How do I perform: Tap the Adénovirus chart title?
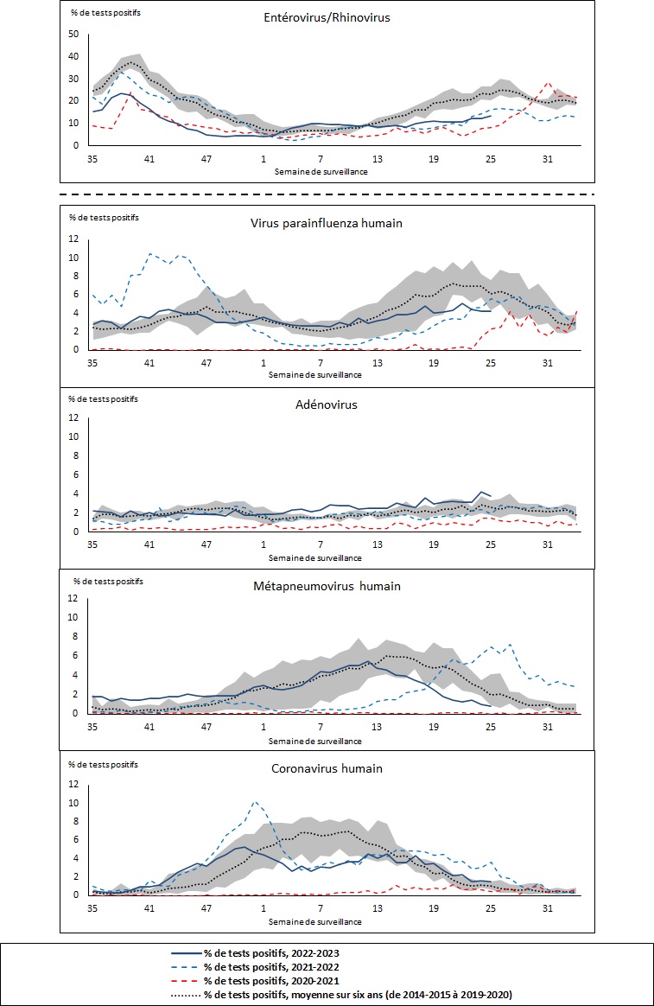(327, 404)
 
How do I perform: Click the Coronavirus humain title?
(327, 768)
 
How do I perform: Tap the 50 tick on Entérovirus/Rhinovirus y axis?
(73, 35)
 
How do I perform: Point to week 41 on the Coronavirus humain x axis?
(149, 909)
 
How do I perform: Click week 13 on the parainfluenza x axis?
(378, 364)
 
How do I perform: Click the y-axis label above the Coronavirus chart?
(105, 764)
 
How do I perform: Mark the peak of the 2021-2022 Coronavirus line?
(256, 802)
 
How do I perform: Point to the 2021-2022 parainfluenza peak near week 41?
(150, 253)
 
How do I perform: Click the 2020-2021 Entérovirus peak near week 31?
(548, 84)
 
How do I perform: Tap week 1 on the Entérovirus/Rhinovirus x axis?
(264, 159)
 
